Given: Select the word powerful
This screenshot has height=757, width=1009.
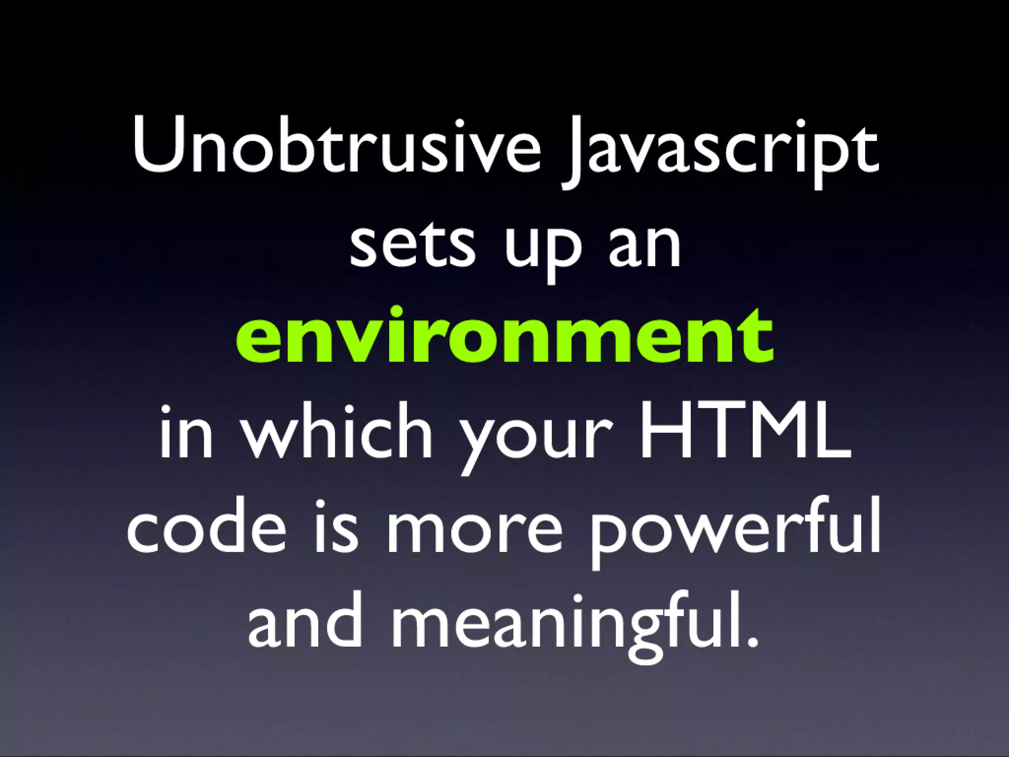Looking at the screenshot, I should click(x=735, y=530).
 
